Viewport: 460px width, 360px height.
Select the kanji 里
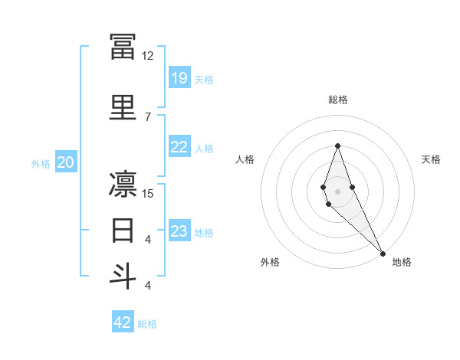[123, 107]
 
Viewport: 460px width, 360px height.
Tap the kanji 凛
[123, 185]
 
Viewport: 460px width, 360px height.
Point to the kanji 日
[123, 230]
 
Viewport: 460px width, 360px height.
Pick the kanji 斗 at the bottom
[123, 276]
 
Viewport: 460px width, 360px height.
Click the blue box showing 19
[179, 77]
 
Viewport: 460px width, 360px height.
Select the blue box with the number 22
[179, 147]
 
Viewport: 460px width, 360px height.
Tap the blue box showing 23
[179, 231]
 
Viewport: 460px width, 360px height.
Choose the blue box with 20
[66, 162]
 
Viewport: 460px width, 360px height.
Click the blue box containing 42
[123, 322]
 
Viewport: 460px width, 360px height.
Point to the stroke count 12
[147, 56]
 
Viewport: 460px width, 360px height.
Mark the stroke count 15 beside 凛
[147, 194]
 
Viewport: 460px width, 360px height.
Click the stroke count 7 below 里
[147, 117]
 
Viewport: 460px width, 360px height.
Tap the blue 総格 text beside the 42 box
[147, 324]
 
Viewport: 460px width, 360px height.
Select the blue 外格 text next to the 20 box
[41, 163]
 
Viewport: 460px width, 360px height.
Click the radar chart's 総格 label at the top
[337, 100]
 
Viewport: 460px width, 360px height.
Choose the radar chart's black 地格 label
[402, 262]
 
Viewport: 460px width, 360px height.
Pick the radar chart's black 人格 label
[245, 159]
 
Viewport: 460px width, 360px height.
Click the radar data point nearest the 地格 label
[382, 253]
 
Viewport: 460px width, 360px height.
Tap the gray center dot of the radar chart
[337, 191]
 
